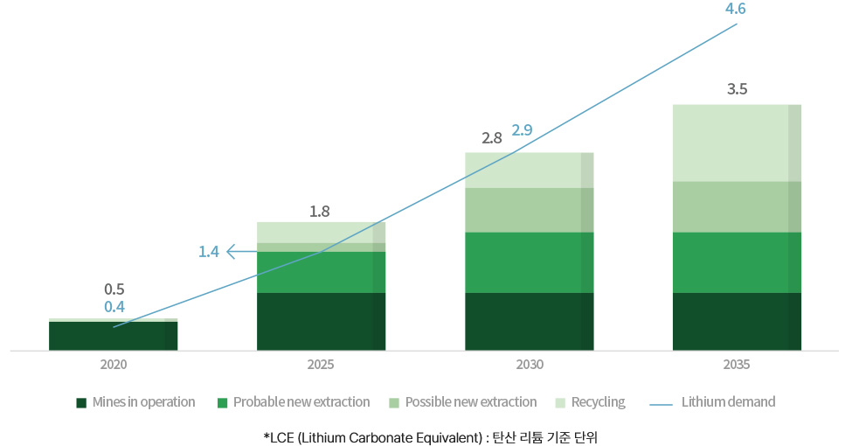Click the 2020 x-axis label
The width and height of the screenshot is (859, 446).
(113, 365)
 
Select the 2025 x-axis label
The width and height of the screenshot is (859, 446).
(321, 365)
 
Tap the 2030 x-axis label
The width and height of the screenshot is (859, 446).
(529, 365)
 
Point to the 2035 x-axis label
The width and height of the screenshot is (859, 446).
(737, 365)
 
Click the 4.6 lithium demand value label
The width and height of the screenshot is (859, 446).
(736, 10)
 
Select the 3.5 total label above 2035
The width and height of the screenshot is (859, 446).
(737, 89)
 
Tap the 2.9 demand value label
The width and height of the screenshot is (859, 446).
(522, 130)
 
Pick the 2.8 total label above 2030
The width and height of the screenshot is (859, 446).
(492, 138)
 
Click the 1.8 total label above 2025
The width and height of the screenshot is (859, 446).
(320, 211)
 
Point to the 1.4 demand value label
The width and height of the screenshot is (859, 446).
(209, 252)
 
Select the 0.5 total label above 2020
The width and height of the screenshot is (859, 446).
(114, 289)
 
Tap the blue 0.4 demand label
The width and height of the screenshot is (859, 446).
(114, 307)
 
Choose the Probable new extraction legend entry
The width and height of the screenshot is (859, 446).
(294, 402)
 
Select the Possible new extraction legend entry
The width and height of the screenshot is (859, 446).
(463, 402)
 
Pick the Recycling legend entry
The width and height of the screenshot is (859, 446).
(591, 402)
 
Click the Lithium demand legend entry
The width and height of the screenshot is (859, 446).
(715, 402)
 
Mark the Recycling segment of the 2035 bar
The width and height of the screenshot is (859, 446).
(737, 143)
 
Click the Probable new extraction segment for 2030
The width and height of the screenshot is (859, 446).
(529, 262)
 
